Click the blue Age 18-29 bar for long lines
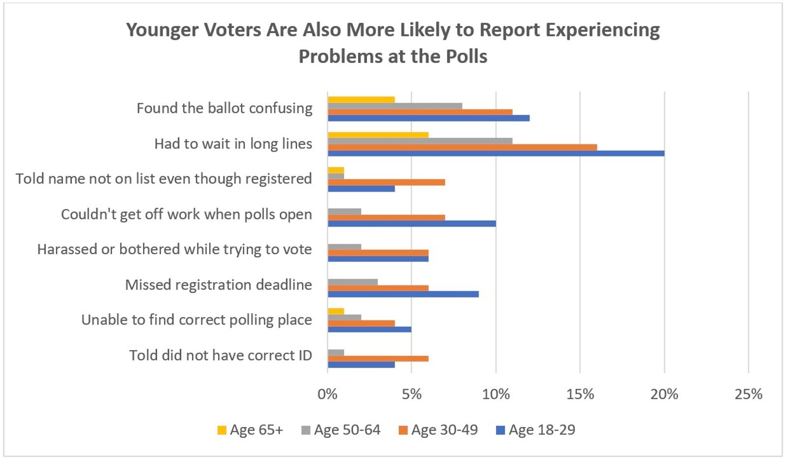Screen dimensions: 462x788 pos(496,153)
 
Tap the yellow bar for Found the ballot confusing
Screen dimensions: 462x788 pos(361,100)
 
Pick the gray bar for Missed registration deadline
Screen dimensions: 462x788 pos(353,282)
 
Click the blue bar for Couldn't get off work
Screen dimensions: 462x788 pos(412,224)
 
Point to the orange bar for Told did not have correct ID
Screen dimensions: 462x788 pos(378,359)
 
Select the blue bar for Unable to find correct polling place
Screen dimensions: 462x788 pos(369,329)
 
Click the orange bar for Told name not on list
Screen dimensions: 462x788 pos(386,182)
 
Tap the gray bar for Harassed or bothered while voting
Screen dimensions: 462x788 pos(344,247)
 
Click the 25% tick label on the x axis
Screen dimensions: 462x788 pos(748,394)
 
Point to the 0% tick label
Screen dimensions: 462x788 pos(328,394)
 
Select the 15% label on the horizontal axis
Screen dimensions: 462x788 pos(580,394)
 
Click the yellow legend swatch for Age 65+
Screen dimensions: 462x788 pos(222,430)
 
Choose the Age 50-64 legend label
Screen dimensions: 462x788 pos(347,430)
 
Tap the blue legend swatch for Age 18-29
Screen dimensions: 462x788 pos(500,430)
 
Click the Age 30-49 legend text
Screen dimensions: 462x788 pos(444,430)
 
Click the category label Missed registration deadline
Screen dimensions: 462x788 pos(218,285)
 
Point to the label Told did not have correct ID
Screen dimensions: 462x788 pos(220,355)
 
